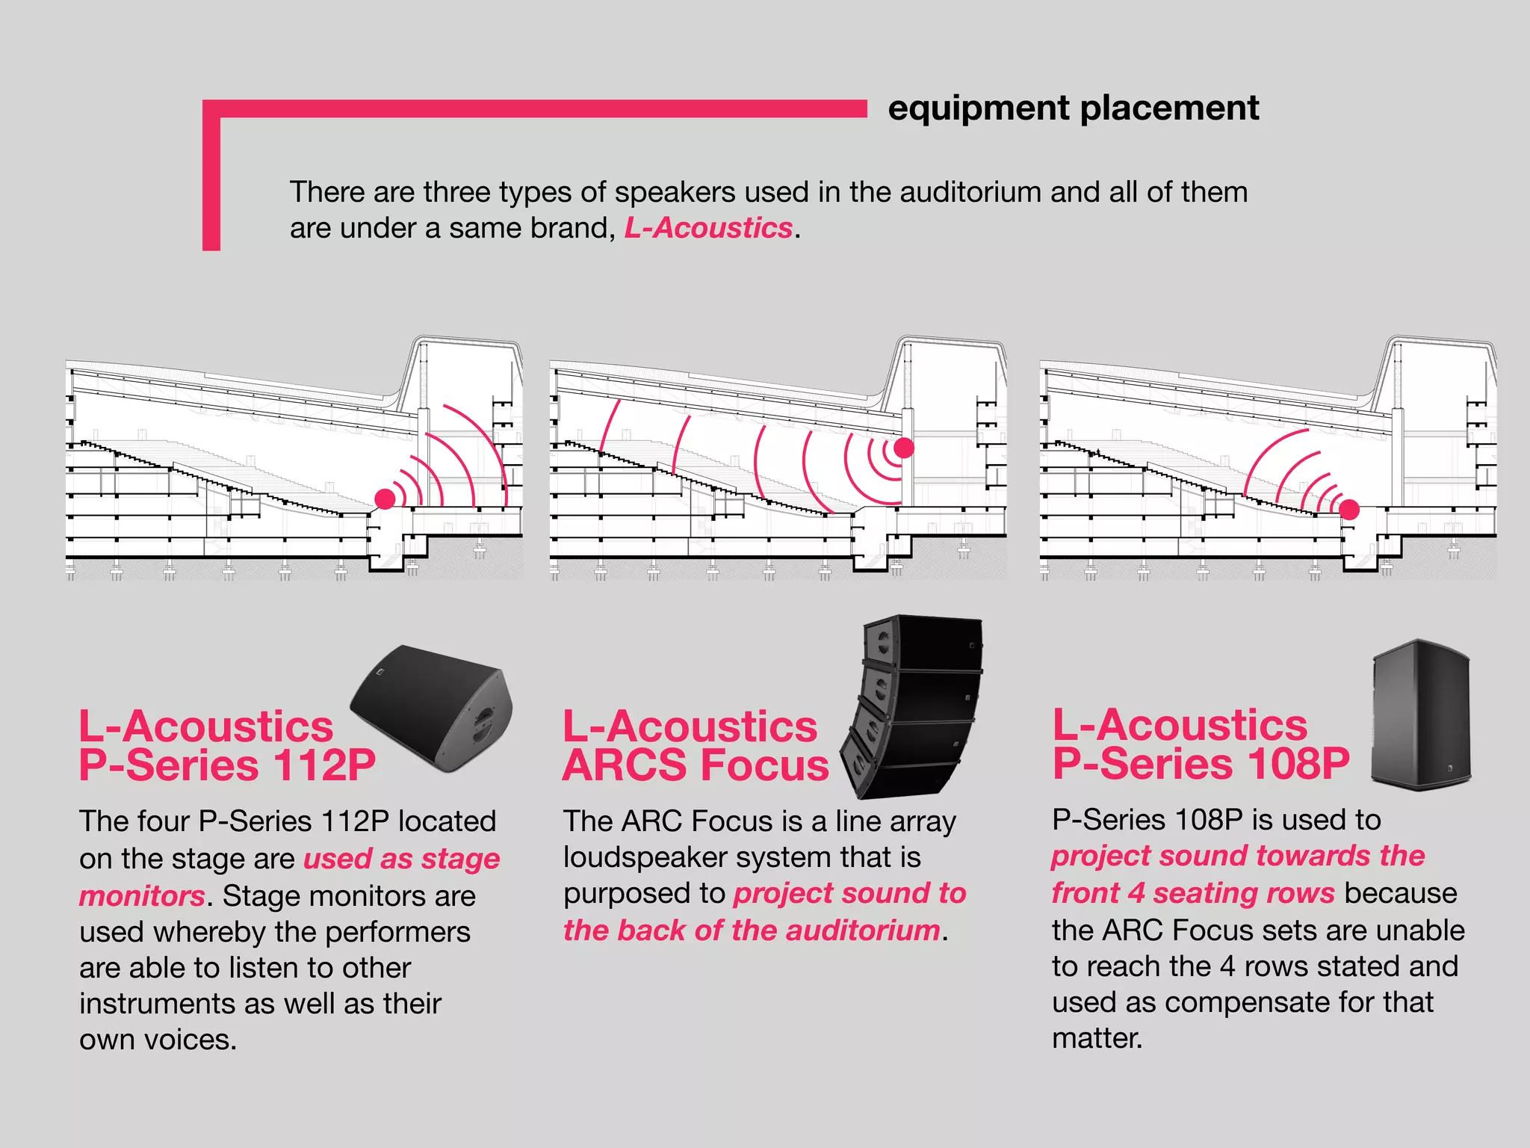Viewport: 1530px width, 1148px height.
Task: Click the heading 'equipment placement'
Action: [x=1073, y=108]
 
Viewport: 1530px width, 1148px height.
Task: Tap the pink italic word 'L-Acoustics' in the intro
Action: [x=708, y=228]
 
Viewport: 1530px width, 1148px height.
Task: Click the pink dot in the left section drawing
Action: [x=385, y=499]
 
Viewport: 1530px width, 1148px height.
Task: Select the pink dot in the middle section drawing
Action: [x=904, y=448]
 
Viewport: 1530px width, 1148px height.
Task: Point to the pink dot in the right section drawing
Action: [x=1349, y=510]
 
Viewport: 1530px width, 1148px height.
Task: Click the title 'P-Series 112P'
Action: [x=227, y=765]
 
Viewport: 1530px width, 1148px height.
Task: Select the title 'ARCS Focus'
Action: [x=696, y=765]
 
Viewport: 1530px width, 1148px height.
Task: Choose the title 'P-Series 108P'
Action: [x=1201, y=764]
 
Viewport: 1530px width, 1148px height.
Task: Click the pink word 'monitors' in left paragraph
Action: [x=142, y=896]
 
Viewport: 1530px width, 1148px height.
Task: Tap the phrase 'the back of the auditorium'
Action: [x=751, y=931]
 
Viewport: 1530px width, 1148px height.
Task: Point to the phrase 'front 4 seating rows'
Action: [x=1193, y=893]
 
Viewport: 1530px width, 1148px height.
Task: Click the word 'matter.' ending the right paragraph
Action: [x=1097, y=1038]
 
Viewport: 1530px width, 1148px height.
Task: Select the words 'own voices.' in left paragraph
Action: [x=158, y=1040]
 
